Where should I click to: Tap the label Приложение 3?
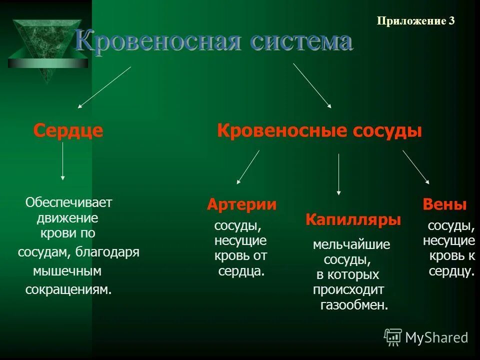pos(415,21)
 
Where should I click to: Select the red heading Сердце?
pos(68,131)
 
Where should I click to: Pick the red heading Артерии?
pos(241,204)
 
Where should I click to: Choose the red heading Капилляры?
pos(353,220)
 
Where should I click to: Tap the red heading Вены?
pos(444,204)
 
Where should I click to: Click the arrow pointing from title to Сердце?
pos(104,87)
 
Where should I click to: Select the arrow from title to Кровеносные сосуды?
pos(312,85)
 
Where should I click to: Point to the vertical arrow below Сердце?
pos(62,161)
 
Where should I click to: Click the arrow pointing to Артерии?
pos(248,167)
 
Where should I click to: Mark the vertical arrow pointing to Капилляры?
pos(339,174)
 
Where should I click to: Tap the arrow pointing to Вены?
pos(416,167)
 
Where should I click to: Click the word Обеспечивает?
pos(69,202)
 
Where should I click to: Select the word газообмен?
pos(354,305)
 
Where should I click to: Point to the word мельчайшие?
pos(351,244)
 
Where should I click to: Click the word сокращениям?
pos(68,290)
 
